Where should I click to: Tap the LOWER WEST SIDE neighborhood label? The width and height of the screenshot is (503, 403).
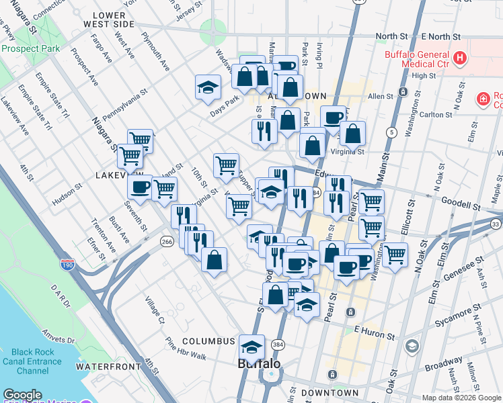(x=104, y=19)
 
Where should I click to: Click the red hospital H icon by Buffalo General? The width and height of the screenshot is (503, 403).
(x=460, y=58)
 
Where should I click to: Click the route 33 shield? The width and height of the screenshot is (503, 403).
(x=496, y=224)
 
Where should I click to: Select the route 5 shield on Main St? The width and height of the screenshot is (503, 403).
(x=391, y=132)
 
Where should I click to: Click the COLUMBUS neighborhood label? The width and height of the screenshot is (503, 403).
(x=208, y=341)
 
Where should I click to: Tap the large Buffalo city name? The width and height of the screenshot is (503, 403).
(x=260, y=364)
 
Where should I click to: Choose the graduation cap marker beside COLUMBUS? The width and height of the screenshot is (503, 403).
(x=251, y=346)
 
